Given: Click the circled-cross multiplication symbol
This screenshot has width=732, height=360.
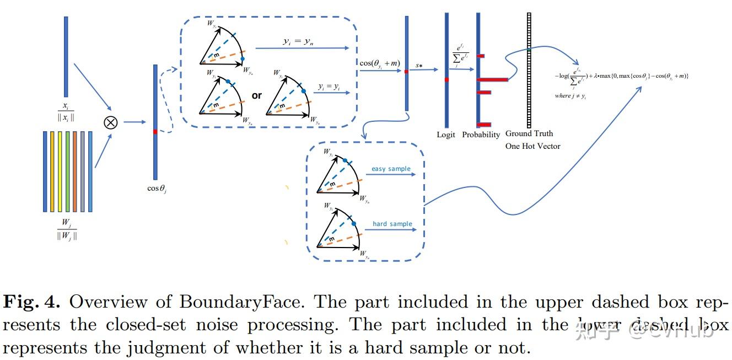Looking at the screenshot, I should tap(111, 122).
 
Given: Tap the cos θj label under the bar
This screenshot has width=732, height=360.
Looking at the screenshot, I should tap(157, 189).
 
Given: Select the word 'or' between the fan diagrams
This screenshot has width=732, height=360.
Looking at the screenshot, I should tap(256, 95).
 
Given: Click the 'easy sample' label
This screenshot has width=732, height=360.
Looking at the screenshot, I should tap(391, 169).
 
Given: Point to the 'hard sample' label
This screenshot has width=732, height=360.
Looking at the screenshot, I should tap(392, 224).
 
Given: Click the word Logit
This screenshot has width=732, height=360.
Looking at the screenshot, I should tap(446, 135).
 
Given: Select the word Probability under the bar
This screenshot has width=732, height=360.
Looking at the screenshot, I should tap(481, 135).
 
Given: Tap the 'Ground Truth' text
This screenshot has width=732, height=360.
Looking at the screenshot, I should tap(529, 133).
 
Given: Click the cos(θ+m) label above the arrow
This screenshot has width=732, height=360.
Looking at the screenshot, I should tap(379, 64).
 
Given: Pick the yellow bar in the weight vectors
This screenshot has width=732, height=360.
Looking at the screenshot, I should tap(52, 171).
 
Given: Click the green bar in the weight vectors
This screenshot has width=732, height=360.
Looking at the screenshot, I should tap(67, 171).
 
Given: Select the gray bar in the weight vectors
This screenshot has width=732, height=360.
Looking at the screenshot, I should tap(82, 171).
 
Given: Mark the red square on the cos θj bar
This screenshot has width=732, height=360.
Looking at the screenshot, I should tap(155, 131).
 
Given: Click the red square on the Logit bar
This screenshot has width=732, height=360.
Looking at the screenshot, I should tap(446, 80).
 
